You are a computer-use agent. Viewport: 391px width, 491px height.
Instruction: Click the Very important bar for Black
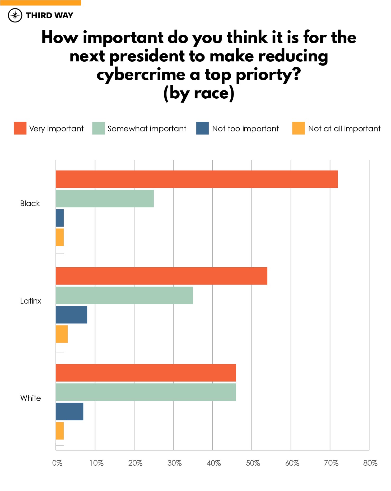click(197, 179)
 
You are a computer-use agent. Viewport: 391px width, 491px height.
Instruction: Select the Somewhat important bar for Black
click(105, 199)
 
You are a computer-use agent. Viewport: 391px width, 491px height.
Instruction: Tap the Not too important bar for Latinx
click(71, 315)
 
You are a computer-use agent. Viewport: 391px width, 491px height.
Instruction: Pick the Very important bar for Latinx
click(161, 276)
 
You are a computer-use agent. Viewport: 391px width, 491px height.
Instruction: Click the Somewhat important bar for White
click(146, 392)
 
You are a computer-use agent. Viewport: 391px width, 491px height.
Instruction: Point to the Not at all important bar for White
click(60, 431)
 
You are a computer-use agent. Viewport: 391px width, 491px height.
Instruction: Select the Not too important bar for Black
click(60, 218)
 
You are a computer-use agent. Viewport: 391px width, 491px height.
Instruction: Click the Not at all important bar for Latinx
click(62, 334)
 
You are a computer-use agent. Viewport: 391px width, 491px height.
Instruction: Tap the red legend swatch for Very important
click(20, 128)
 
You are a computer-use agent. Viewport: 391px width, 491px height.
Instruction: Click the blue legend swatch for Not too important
click(202, 128)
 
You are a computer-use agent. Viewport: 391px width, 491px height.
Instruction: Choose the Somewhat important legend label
click(147, 129)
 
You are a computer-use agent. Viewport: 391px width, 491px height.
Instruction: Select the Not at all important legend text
click(344, 129)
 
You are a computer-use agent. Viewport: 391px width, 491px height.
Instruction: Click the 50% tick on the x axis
click(253, 463)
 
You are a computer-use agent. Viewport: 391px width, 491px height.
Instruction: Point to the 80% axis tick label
click(370, 463)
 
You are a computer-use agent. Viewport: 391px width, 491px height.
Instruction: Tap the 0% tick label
click(57, 463)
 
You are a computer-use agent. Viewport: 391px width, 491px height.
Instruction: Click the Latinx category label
click(31, 301)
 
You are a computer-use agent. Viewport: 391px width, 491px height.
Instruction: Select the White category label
click(31, 398)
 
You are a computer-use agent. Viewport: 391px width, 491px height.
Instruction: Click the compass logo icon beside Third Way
click(15, 15)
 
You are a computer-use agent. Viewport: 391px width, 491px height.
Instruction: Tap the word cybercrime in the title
click(141, 75)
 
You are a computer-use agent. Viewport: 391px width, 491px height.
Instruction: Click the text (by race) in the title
click(199, 93)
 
